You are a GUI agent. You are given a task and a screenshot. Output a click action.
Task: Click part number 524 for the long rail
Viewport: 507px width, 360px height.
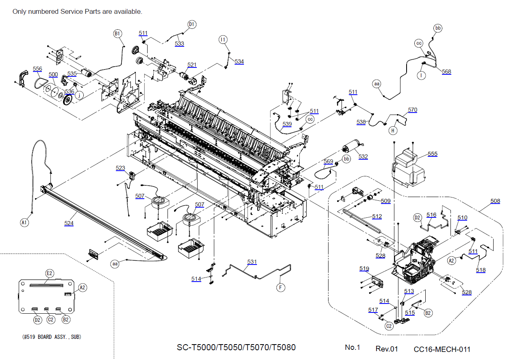coord(70,223)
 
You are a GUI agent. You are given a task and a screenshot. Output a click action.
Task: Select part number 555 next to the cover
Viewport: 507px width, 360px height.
coord(433,154)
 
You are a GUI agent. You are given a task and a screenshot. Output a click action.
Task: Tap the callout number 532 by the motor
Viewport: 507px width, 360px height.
coord(363,156)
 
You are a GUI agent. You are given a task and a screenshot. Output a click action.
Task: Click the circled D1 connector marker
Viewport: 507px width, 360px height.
coord(192,24)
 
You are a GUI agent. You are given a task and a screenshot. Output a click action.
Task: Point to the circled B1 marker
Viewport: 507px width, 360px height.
coord(118,34)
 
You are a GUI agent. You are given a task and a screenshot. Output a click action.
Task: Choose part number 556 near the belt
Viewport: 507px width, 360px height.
coord(37,69)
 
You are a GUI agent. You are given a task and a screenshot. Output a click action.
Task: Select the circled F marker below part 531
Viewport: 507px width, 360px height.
coord(281,287)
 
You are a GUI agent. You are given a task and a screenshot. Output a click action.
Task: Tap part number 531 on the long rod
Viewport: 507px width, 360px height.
coord(252,262)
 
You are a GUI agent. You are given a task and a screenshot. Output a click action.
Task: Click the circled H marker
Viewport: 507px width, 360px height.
coord(393,130)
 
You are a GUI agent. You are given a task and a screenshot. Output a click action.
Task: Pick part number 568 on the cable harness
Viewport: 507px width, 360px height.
coord(446,72)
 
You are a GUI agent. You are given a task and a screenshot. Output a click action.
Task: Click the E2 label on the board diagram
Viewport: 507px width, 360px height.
coord(49,273)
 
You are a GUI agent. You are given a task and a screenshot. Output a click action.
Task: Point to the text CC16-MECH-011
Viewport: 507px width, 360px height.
coord(442,349)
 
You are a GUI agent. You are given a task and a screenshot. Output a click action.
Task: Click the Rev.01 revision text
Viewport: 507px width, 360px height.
coord(387,349)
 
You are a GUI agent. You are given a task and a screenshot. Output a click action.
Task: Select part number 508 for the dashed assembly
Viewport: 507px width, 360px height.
coord(495,201)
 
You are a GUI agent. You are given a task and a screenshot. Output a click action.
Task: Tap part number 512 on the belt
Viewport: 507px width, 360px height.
coord(377,217)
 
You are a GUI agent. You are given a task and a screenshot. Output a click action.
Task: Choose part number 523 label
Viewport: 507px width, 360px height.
coord(120,168)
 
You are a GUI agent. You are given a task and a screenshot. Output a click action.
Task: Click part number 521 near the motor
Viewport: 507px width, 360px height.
coord(192,65)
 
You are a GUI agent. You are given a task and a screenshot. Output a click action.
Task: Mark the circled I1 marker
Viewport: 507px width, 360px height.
coord(223,39)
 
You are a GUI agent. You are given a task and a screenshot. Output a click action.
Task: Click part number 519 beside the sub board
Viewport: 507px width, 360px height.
coord(364,269)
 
